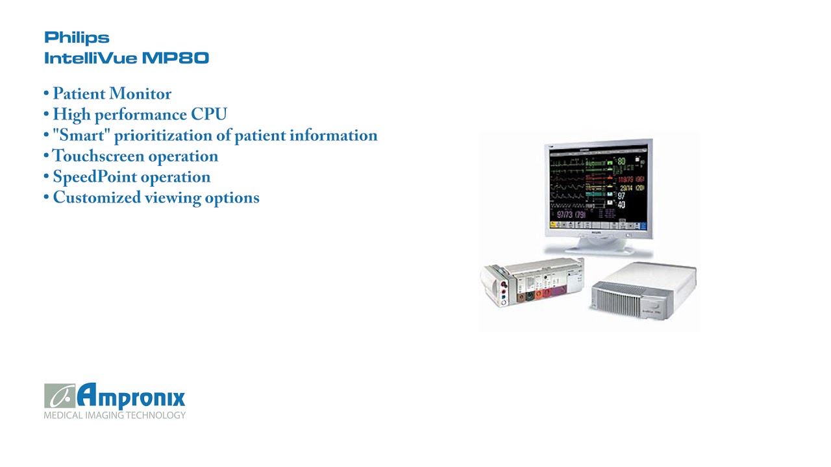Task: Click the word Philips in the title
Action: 77,38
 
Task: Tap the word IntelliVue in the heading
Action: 90,58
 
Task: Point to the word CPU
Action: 208,115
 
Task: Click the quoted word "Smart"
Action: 81,136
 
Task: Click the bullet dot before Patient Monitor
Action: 47,94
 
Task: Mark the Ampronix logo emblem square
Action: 59,396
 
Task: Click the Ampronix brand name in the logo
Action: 132,396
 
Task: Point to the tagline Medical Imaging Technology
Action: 114,415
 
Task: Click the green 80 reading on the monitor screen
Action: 621,162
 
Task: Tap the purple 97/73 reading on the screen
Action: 562,214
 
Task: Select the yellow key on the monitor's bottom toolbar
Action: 554,225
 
